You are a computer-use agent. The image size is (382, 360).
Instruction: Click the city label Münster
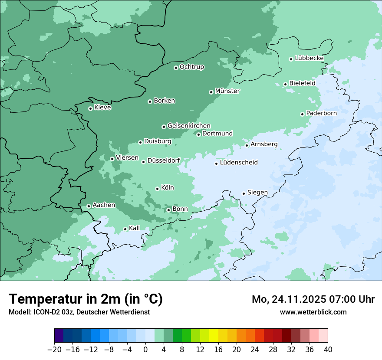click(x=227, y=91)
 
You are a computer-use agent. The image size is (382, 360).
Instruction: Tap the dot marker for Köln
click(x=157, y=189)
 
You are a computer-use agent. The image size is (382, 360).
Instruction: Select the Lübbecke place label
click(x=309, y=58)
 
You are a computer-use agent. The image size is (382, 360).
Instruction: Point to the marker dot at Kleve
click(x=90, y=108)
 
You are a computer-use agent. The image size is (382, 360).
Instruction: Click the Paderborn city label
click(x=321, y=113)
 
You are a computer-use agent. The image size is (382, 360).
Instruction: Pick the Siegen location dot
click(x=244, y=193)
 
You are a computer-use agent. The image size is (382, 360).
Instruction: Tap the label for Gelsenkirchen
click(x=189, y=126)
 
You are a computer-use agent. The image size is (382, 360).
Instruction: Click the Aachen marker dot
click(x=89, y=206)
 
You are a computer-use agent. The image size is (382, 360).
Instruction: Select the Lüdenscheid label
click(x=239, y=163)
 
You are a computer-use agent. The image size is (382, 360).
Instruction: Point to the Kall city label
click(x=135, y=228)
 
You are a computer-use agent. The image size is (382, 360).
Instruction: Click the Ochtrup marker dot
click(x=176, y=68)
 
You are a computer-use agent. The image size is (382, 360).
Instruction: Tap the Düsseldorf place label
click(x=164, y=161)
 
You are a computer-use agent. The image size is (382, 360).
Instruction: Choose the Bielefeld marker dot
click(x=285, y=84)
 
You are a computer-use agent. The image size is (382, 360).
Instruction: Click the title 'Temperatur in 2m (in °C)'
click(x=86, y=299)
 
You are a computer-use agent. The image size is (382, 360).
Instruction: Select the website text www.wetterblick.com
click(x=313, y=312)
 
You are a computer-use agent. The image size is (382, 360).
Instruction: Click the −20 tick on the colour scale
click(x=55, y=350)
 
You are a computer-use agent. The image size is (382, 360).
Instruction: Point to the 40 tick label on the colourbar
click(x=328, y=350)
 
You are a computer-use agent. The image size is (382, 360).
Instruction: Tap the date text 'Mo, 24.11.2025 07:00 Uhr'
click(x=313, y=299)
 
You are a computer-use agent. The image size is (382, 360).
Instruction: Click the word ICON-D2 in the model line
click(x=45, y=312)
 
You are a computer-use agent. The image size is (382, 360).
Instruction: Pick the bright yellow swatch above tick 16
click(x=214, y=335)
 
